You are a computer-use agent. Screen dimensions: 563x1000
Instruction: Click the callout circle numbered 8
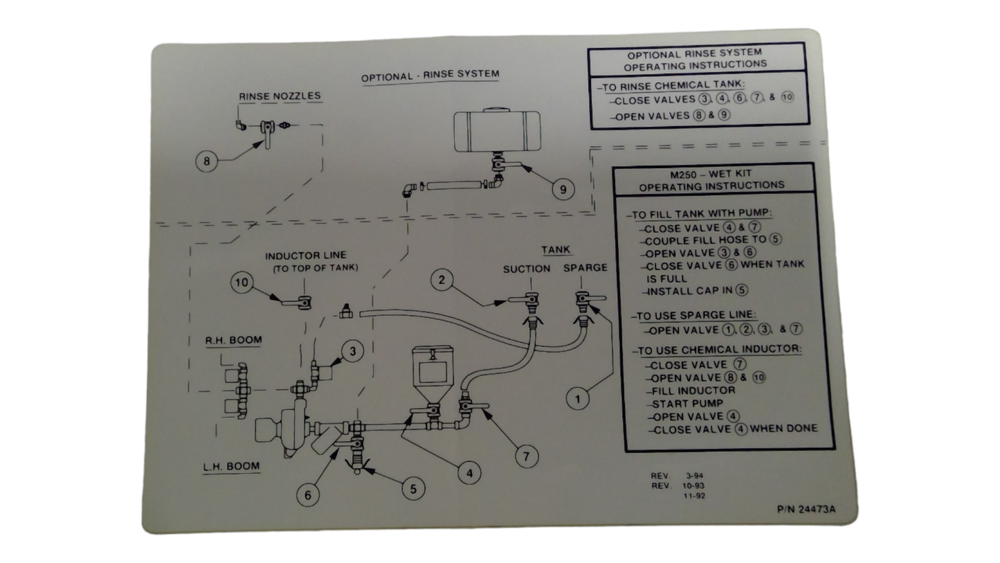[x=206, y=161]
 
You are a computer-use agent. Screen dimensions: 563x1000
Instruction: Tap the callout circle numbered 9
[x=563, y=189]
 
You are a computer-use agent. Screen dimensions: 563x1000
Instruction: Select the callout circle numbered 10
[x=242, y=283]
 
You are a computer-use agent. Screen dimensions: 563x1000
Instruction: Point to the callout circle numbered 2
[x=442, y=280]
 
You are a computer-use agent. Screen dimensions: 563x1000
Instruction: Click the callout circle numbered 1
[x=578, y=398]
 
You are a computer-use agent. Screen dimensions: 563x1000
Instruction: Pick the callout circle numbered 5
[x=413, y=489]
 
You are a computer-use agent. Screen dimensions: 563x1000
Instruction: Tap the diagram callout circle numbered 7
[x=527, y=456]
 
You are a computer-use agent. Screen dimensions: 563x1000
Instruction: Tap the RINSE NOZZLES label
[x=280, y=96]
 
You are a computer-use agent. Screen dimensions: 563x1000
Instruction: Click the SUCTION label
[x=527, y=269]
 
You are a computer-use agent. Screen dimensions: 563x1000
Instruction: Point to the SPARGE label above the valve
[x=585, y=268]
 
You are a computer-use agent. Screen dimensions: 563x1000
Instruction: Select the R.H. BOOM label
[x=233, y=341]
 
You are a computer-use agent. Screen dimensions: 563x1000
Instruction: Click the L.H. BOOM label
[x=231, y=467]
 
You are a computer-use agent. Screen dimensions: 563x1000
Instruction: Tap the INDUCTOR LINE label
[x=305, y=256]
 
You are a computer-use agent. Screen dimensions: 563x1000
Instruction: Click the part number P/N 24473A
[x=806, y=510]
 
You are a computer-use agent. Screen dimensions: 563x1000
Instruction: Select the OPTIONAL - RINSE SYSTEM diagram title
[x=430, y=75]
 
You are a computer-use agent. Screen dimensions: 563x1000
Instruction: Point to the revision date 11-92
[x=694, y=496]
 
